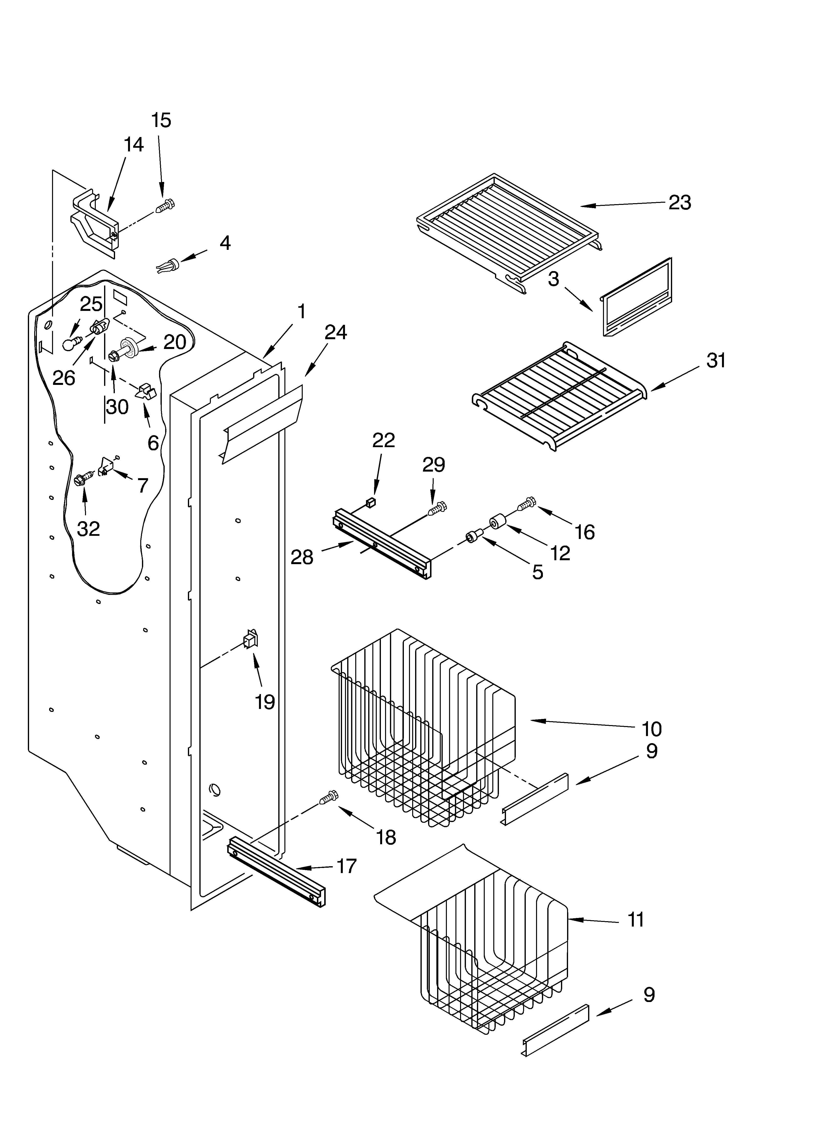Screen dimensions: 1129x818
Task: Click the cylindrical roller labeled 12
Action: (498, 524)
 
